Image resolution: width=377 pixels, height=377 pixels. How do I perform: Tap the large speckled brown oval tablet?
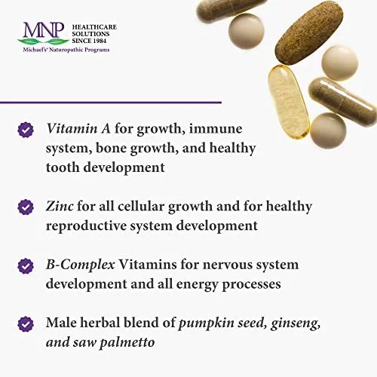(310, 35)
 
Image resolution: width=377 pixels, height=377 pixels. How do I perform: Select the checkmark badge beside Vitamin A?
(26, 130)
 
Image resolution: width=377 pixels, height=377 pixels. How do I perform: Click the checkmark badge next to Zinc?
(26, 207)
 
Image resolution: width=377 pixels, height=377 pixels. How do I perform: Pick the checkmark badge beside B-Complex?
(26, 265)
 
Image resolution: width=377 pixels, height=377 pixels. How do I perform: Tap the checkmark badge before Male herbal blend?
(26, 323)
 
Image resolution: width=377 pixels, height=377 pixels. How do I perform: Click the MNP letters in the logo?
(44, 29)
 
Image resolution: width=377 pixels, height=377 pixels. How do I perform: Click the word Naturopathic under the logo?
(66, 50)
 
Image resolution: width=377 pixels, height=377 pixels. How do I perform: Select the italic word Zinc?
(60, 206)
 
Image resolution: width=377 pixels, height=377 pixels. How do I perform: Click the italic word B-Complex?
(81, 265)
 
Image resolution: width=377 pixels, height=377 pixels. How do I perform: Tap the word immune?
(216, 129)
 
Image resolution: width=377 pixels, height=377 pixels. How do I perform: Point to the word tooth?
(63, 167)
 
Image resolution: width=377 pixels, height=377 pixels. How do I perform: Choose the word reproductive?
(86, 225)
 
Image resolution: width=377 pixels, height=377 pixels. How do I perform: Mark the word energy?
(197, 285)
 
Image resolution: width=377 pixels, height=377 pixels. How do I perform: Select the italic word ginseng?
(296, 323)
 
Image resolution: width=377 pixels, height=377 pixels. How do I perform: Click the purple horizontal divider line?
(111, 103)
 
